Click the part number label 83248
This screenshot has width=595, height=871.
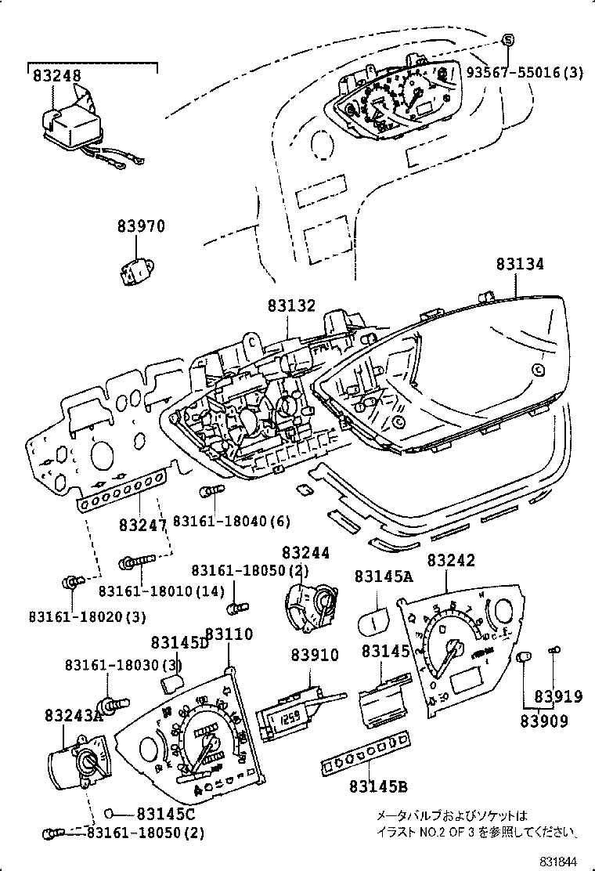pyautogui.click(x=57, y=75)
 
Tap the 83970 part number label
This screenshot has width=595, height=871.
pyautogui.click(x=142, y=227)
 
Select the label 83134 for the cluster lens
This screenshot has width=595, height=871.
pyautogui.click(x=519, y=265)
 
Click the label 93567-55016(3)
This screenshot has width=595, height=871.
pyautogui.click(x=525, y=73)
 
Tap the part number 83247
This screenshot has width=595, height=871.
pyautogui.click(x=143, y=523)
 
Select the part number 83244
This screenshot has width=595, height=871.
pyautogui.click(x=306, y=553)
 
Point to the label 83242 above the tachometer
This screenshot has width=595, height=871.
pyautogui.click(x=451, y=561)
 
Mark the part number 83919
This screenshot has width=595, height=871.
pyautogui.click(x=559, y=696)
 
